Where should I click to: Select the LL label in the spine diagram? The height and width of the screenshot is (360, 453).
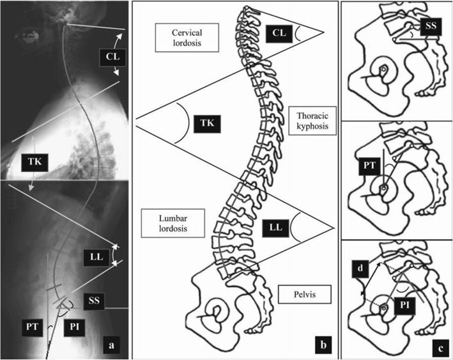pos(274,226)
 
